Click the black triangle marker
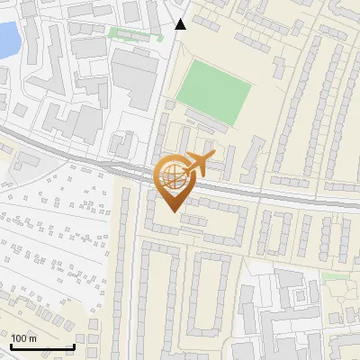[181, 24]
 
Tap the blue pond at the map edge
[7, 38]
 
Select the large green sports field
[213, 95]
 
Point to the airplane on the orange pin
[198, 165]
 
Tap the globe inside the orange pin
[173, 178]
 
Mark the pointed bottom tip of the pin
[174, 211]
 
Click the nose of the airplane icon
[213, 157]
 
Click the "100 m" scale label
[24, 338]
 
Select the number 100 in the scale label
[20, 338]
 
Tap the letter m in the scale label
[33, 338]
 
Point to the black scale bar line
[42, 346]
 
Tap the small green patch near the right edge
[334, 276]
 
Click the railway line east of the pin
[288, 198]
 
